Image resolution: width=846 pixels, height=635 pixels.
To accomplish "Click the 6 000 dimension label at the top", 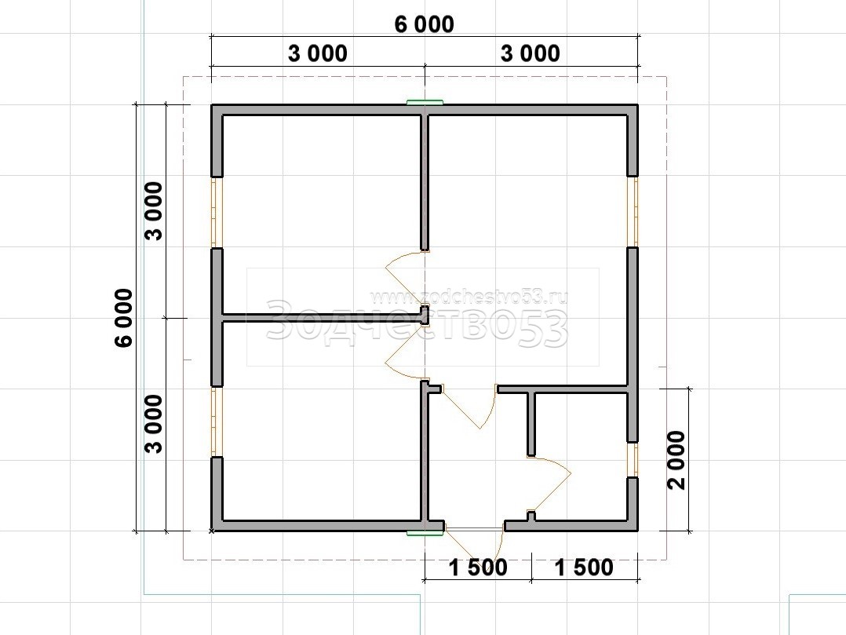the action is (x=425, y=24).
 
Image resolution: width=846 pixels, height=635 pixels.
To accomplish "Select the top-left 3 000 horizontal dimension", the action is (x=318, y=53).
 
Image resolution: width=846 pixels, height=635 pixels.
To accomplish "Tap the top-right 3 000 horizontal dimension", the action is (x=531, y=53).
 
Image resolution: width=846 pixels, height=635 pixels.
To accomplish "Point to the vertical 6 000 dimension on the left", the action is (x=124, y=318).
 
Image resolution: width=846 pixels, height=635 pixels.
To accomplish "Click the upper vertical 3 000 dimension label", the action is (x=155, y=211).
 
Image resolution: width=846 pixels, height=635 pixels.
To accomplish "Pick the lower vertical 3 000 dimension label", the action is (x=155, y=424).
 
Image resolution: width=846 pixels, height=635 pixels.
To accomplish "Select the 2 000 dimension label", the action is (x=676, y=460).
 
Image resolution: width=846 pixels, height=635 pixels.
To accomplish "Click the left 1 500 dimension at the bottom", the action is (x=478, y=567).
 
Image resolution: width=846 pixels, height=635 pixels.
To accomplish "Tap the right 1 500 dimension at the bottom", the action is (x=585, y=567).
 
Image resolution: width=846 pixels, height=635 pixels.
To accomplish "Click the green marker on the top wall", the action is (x=425, y=101).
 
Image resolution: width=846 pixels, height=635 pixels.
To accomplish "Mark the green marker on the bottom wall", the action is (x=425, y=534).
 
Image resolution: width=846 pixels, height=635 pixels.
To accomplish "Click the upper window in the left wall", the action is (x=217, y=212).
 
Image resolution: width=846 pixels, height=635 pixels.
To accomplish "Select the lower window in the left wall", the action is (x=217, y=422).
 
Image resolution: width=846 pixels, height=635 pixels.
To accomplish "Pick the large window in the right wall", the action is (x=633, y=211).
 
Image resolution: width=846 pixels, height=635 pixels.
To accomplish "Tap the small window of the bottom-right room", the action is (x=633, y=460).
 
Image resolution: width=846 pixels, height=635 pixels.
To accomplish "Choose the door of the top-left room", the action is (x=398, y=270).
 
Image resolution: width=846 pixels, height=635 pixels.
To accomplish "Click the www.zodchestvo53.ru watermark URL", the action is (x=469, y=297).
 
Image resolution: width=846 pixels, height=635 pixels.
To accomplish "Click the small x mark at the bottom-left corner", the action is (x=212, y=531).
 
